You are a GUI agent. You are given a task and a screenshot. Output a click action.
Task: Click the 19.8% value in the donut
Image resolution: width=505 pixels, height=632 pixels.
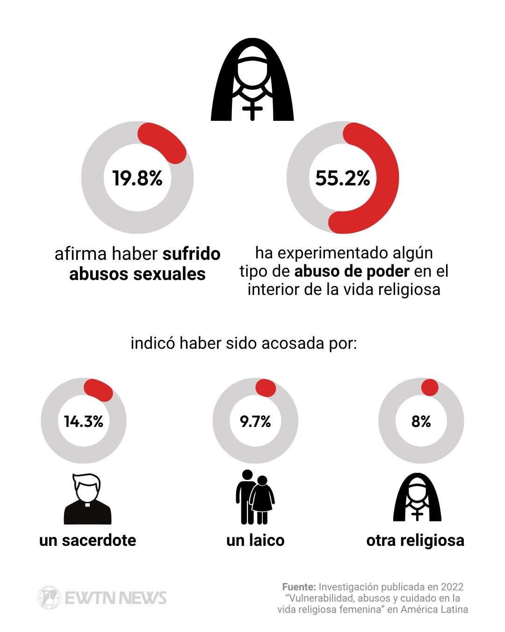pos(137,178)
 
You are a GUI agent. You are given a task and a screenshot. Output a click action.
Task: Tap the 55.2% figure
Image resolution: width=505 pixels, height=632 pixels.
pos(342,178)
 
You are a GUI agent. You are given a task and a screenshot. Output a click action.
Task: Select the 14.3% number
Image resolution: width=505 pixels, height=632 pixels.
pos(84,421)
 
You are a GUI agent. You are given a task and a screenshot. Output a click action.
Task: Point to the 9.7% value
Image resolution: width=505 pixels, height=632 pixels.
pos(255,421)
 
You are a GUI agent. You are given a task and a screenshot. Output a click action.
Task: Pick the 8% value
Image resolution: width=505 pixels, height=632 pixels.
pos(421,421)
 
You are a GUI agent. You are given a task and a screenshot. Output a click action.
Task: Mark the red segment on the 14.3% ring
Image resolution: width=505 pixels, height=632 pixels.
pos(99,389)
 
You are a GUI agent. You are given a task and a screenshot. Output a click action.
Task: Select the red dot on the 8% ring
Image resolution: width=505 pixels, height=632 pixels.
pos(430,387)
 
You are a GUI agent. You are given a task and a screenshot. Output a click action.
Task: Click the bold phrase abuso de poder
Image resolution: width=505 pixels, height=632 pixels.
pos(352,271)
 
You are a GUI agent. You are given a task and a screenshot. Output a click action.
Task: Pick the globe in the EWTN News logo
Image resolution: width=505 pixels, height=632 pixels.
pos(49,597)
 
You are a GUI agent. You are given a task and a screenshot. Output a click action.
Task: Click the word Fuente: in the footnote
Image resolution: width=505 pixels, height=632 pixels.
pos(299,587)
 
